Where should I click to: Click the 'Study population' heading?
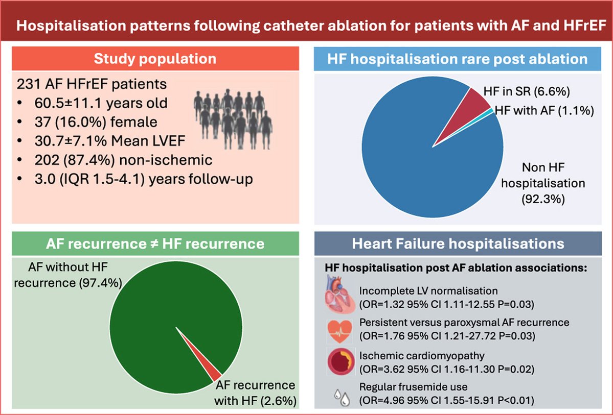tap(155, 59)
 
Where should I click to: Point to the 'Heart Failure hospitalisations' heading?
tap(458, 243)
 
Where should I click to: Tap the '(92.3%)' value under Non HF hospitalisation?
tap(543, 200)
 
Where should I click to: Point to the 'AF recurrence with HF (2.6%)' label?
tap(256, 393)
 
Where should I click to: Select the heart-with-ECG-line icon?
tap(339, 330)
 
